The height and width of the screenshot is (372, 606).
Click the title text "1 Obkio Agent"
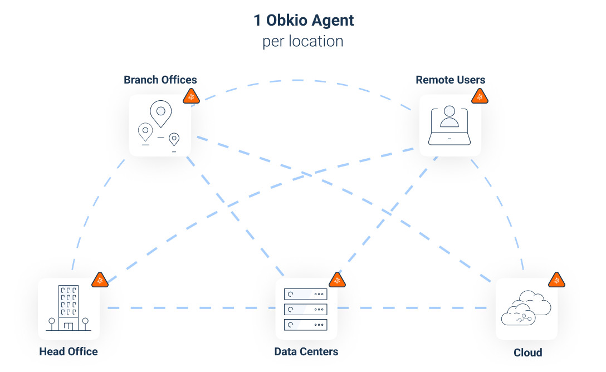pos(303,21)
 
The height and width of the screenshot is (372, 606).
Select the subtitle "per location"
pos(303,42)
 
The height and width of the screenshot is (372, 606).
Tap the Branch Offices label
pos(160,80)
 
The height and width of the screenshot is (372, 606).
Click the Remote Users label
pos(450,80)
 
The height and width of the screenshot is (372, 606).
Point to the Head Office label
pos(69,351)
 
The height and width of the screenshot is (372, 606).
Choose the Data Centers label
pos(306,351)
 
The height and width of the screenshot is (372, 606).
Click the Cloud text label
pos(527,353)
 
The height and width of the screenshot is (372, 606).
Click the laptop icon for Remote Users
pos(449,126)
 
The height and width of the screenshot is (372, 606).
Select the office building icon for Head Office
pos(69,308)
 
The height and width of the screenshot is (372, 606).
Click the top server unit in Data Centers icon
pos(305,294)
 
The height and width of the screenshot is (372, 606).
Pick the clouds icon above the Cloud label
pos(526,309)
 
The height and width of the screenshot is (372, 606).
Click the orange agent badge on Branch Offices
pos(192,97)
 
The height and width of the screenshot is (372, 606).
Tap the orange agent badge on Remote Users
pos(480,97)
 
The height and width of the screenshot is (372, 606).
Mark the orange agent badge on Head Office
pos(100,281)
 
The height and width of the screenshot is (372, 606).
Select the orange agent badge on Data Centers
pos(337,281)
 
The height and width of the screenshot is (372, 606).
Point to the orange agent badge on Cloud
pos(556,281)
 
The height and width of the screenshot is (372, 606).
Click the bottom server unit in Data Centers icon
pos(305,324)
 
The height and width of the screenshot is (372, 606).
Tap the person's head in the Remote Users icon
pos(449,111)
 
